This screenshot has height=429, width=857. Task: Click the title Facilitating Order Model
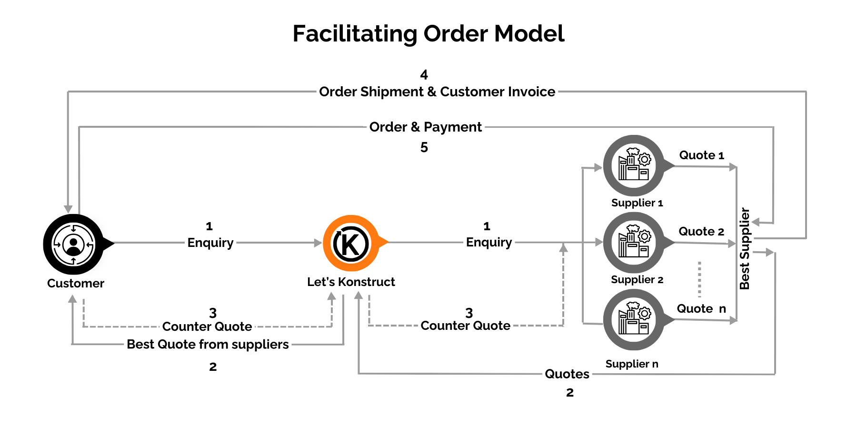point(428,34)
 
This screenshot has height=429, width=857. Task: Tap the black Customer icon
point(74,244)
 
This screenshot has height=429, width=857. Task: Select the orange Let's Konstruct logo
point(351,244)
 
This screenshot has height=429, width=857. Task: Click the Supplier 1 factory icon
point(634,166)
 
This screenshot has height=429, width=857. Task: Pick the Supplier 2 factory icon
point(634,243)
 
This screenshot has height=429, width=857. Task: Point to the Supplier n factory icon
point(634,320)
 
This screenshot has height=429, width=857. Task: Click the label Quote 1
point(701,155)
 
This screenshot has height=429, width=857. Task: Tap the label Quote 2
point(701,232)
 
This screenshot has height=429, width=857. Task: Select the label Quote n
point(701,309)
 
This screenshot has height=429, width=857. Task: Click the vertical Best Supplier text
point(745,248)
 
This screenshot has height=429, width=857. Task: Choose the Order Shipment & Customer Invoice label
point(437,92)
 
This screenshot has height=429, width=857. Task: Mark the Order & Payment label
point(426,127)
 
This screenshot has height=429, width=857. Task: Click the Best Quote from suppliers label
point(208,344)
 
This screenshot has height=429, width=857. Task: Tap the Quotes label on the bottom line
point(567,374)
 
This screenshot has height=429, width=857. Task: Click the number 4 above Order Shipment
point(424,75)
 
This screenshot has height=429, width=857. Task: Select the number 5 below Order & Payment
point(424,147)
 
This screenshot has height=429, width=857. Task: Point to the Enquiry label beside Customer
point(210,243)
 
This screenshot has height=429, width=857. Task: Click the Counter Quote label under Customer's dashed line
point(207,327)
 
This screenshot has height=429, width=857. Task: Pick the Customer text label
point(76,283)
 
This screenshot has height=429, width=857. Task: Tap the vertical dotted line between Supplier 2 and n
point(699,279)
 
